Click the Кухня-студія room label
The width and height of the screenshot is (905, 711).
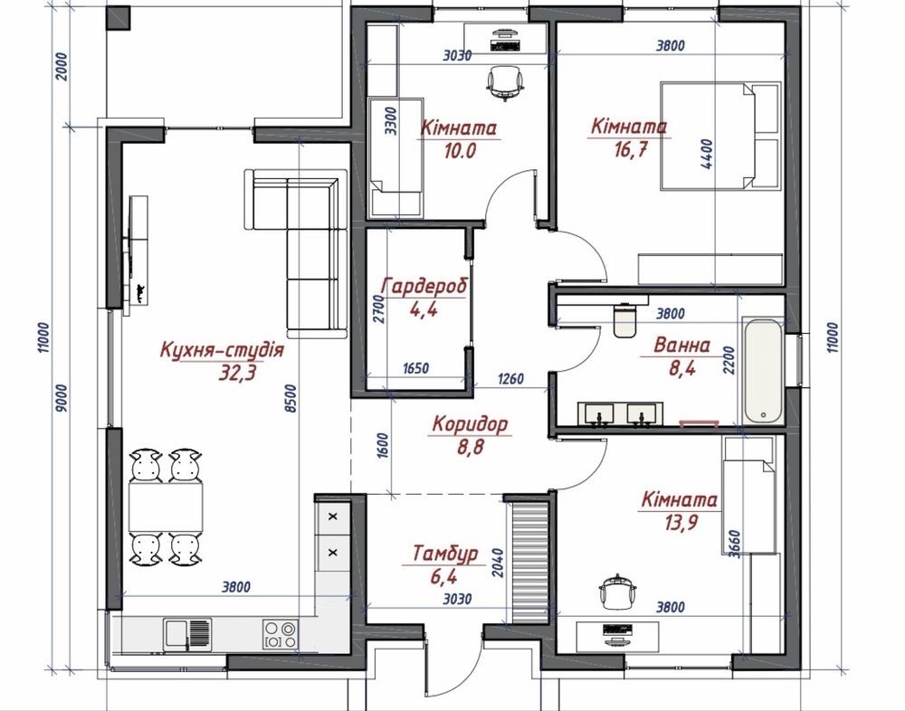[x=222, y=350]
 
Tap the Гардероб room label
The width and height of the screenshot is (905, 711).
[x=424, y=286]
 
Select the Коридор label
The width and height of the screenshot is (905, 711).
[x=471, y=424]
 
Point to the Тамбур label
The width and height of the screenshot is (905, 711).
[x=445, y=554]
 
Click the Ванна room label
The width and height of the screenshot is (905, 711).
[x=681, y=346]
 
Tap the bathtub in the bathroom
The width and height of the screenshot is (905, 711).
[x=764, y=371]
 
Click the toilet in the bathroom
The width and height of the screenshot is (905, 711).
[x=624, y=319]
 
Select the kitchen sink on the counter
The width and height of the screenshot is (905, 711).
[x=187, y=634]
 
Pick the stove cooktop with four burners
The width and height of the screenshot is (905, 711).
[x=281, y=634]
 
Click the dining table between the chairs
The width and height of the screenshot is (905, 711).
[x=166, y=507]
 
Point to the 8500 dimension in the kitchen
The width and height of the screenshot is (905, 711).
[x=291, y=398]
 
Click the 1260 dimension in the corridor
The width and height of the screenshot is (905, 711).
[x=510, y=379]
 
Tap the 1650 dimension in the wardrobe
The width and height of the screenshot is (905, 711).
[x=415, y=368]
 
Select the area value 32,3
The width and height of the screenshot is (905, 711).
[x=236, y=374]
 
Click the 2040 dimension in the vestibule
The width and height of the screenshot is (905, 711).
[x=498, y=563]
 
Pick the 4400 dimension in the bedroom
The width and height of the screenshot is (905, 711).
[x=707, y=154]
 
